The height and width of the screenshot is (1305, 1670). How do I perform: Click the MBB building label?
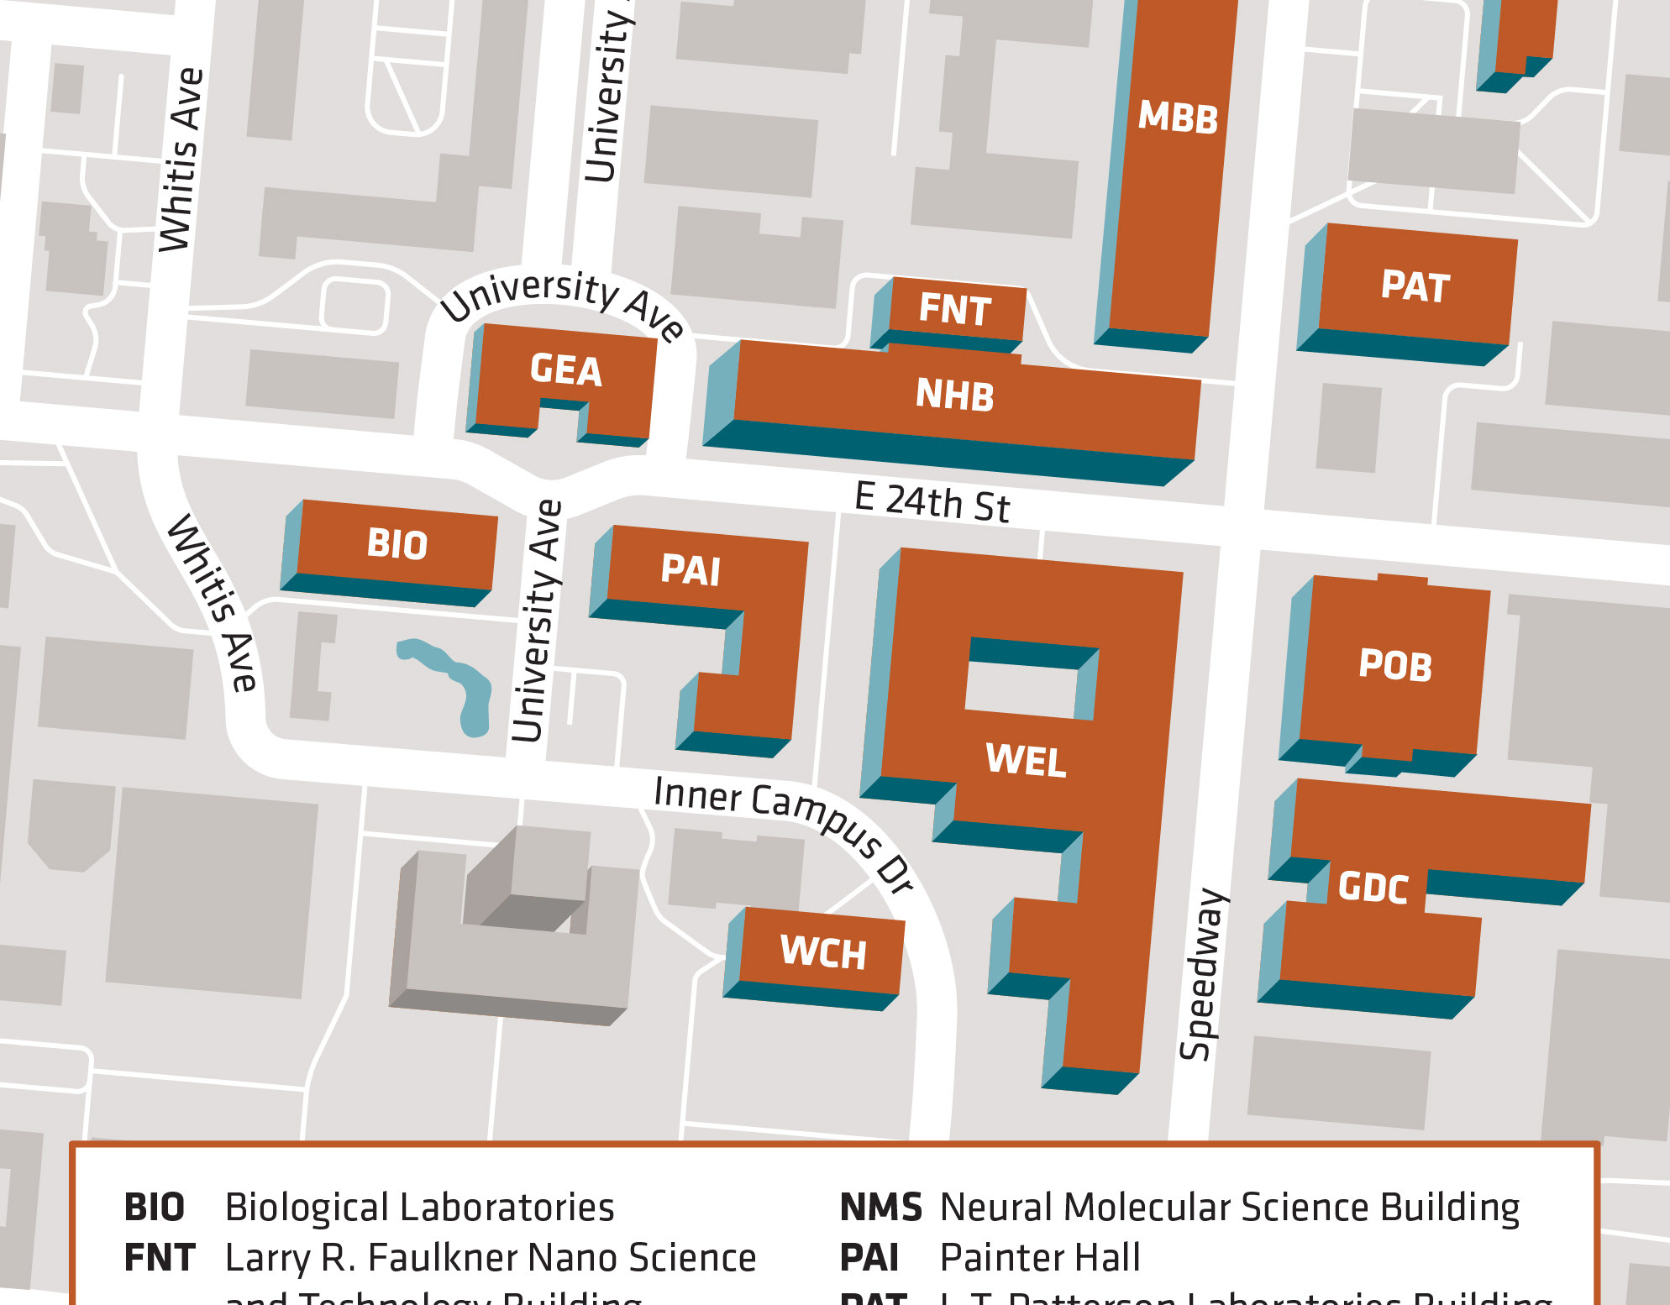pyautogui.click(x=1178, y=118)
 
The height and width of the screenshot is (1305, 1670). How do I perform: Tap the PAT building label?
pyautogui.click(x=1415, y=287)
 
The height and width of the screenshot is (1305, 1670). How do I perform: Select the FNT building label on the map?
pyautogui.click(x=955, y=309)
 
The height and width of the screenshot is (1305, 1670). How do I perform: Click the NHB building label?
pyautogui.click(x=955, y=395)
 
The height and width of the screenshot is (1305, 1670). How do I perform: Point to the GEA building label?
pyautogui.click(x=566, y=370)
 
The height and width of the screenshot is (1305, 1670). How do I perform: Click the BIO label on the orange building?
pyautogui.click(x=397, y=545)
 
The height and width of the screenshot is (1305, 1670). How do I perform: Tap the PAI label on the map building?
pyautogui.click(x=691, y=571)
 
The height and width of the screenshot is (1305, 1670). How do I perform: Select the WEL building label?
pyautogui.click(x=1026, y=761)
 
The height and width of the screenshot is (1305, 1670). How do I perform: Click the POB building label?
pyautogui.click(x=1395, y=666)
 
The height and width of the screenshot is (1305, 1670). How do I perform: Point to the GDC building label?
pyautogui.click(x=1373, y=888)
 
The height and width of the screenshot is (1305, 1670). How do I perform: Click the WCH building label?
pyautogui.click(x=823, y=952)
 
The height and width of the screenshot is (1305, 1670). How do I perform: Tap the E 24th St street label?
pyautogui.click(x=932, y=502)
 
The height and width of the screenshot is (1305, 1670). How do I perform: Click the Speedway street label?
pyautogui.click(x=1203, y=974)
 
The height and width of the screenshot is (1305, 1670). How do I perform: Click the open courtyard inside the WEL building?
pyautogui.click(x=1021, y=689)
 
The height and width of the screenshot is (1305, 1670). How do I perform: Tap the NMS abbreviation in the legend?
pyautogui.click(x=880, y=1208)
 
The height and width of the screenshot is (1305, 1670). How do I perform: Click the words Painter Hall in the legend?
pyautogui.click(x=1040, y=1258)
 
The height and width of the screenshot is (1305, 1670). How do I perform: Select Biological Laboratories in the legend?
pyautogui.click(x=420, y=1208)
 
